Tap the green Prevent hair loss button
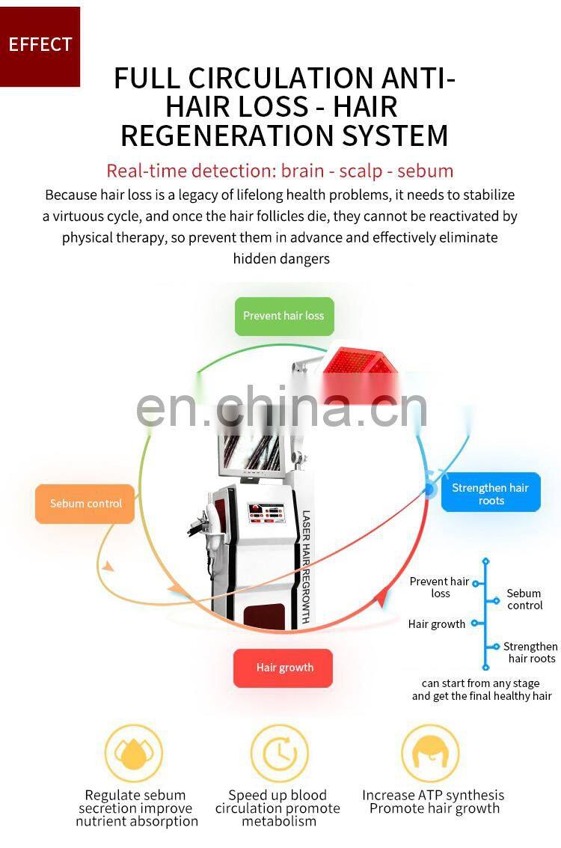coord(283,316)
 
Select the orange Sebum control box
coord(85,504)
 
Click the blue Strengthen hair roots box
coord(491,494)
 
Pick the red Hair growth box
coord(283,668)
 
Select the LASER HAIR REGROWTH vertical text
coord(306,567)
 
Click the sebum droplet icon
coord(133,753)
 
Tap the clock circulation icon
coord(279,753)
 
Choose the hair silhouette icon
coord(429,753)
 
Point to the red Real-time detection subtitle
coord(280,171)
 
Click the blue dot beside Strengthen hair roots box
coord(429,489)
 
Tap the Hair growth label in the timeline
coord(437,624)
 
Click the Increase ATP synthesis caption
coord(433,796)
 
